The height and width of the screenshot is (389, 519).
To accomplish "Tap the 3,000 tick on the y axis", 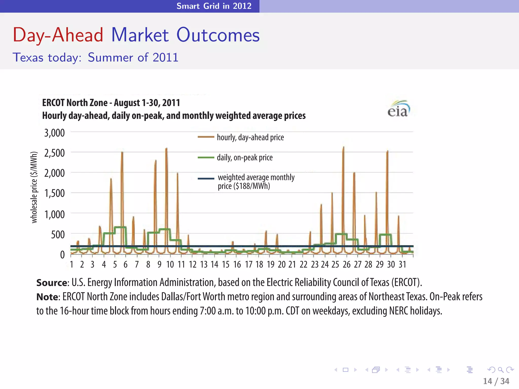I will point(54,133).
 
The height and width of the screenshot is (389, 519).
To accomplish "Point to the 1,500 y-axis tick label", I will point(54,193).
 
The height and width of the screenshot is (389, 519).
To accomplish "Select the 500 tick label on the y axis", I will point(58,235).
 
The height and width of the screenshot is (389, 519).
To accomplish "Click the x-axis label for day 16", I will point(237,265).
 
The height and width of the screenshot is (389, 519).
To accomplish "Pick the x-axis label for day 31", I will point(402,265).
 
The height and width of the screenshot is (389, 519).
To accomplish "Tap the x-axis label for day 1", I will point(72,265).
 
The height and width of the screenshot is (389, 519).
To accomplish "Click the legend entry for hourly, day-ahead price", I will point(250,137).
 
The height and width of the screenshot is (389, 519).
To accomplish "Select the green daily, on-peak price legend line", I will point(206,158).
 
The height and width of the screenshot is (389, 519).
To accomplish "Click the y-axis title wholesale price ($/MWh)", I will point(34,187).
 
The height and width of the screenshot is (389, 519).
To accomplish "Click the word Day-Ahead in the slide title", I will point(58,35).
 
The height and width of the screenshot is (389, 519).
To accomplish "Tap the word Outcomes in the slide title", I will point(218,35).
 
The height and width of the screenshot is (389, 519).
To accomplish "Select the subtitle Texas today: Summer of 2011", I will point(96,57).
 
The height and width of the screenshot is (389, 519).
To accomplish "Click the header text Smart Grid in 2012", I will point(214,6).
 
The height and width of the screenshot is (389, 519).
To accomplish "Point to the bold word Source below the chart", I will point(51,283).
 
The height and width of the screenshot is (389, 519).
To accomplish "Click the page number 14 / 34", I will point(496,381).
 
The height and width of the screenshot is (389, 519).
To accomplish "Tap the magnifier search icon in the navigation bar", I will point(500,370).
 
